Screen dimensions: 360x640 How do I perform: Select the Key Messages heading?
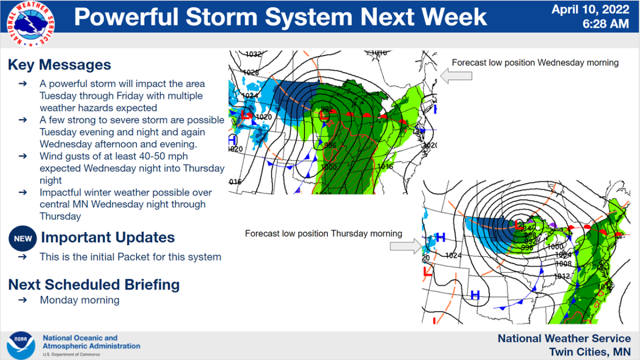pos(59,65)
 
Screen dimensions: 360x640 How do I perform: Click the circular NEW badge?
pos(22,238)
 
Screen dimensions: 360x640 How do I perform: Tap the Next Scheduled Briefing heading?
pos(93,284)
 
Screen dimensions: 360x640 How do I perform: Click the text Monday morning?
pos(79,300)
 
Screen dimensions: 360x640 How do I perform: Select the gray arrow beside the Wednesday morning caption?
pos(457,76)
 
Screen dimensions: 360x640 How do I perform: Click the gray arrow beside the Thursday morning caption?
pos(405,246)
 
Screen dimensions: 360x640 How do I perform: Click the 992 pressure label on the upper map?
pos(327,109)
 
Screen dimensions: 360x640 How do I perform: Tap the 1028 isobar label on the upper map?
pos(251,73)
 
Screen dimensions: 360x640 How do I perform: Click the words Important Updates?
pos(107,237)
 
